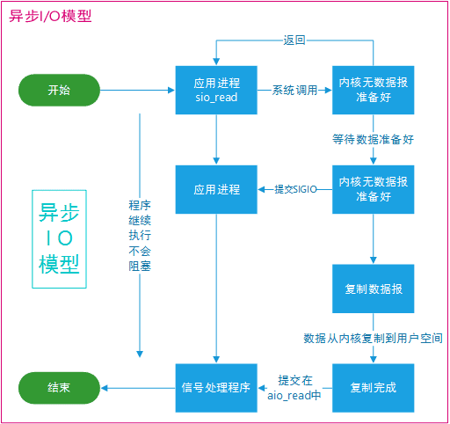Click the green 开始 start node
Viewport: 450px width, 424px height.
(58, 90)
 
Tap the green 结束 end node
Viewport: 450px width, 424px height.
(58, 387)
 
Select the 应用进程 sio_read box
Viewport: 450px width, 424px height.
(216, 90)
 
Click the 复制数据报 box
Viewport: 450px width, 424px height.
(373, 289)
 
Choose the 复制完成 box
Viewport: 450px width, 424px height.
(373, 387)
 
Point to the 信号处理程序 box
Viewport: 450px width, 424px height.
(216, 387)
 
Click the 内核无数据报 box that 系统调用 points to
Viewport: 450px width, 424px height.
(373, 90)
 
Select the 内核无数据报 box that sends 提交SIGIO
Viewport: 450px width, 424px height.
(373, 189)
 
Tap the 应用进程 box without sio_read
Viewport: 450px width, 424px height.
(216, 189)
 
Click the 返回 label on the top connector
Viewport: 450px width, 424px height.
(294, 40)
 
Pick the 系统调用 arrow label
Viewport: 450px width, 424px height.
(294, 90)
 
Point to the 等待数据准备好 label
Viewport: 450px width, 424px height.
(373, 139)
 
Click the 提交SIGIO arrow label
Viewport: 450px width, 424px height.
(294, 189)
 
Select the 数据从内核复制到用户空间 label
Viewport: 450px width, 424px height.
(373, 338)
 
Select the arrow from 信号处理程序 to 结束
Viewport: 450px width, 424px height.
(137, 387)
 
